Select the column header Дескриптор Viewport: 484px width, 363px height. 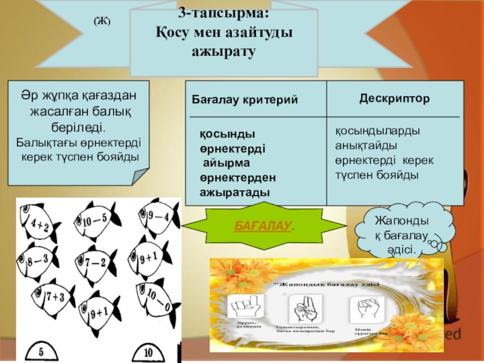coord(394,97)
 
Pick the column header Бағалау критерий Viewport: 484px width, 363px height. coord(245,99)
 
